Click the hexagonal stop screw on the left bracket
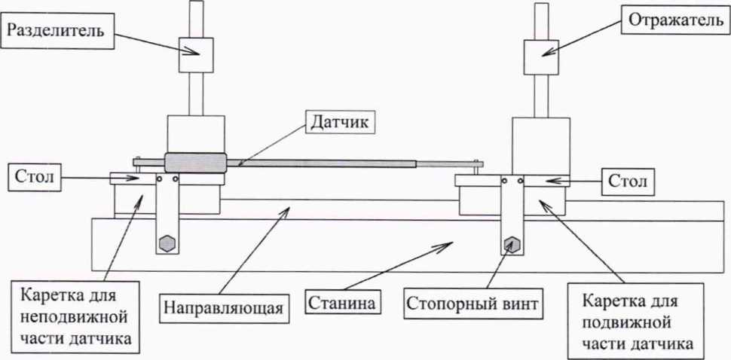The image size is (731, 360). (167, 243)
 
